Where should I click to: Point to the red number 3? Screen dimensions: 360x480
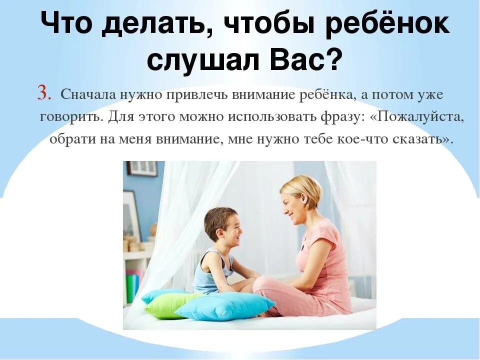44,93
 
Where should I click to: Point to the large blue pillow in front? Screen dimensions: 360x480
225,306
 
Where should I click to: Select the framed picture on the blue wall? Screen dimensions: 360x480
142,168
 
